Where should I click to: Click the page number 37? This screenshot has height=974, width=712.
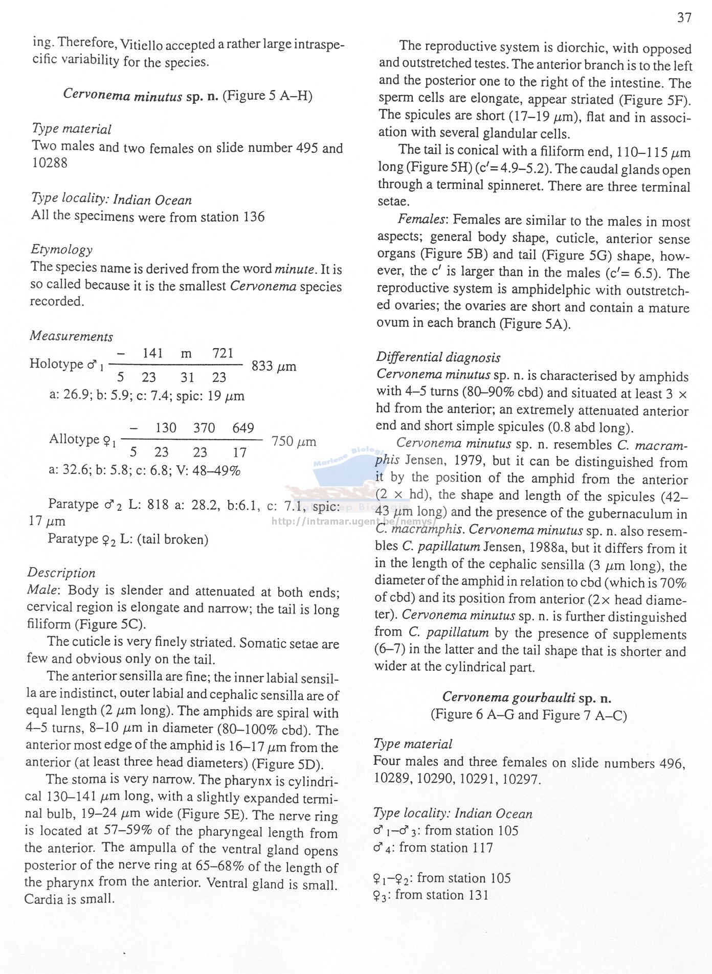(x=684, y=18)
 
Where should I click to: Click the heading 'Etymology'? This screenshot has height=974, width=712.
(x=62, y=250)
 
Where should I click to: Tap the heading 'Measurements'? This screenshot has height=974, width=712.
(x=71, y=336)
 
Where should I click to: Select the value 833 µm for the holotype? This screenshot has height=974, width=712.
(x=274, y=366)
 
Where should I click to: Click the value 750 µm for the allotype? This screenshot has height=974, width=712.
(x=294, y=441)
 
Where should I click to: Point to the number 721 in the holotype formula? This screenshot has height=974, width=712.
(x=223, y=353)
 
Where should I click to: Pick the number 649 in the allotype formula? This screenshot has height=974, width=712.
(x=243, y=428)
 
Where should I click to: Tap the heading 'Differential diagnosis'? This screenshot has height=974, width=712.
(x=438, y=357)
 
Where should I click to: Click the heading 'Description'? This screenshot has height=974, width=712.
(x=61, y=573)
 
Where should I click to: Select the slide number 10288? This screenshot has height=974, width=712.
(x=50, y=163)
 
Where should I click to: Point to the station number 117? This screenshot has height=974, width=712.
(x=475, y=848)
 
